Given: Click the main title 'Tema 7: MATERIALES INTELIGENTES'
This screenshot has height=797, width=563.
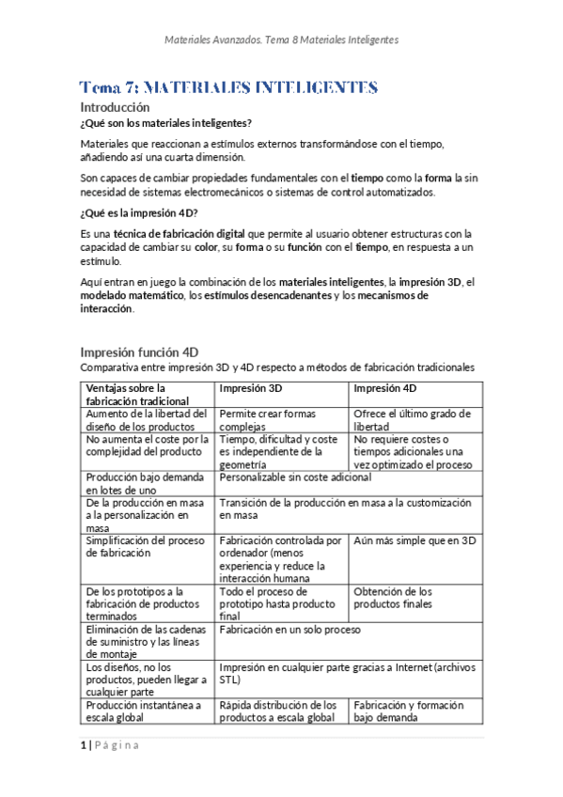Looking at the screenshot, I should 228,87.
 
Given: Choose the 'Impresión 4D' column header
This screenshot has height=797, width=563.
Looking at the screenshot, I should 385,388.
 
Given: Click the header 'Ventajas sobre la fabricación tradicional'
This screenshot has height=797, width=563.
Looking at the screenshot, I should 132,395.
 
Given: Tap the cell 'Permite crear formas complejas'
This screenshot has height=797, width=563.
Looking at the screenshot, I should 268,419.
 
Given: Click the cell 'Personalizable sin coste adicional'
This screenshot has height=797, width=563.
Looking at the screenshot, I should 294,477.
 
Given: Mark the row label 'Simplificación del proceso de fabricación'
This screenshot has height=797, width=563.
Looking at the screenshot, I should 145,547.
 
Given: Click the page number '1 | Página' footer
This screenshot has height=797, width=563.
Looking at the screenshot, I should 109,745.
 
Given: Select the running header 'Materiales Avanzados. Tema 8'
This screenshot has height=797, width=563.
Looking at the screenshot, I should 281,40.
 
